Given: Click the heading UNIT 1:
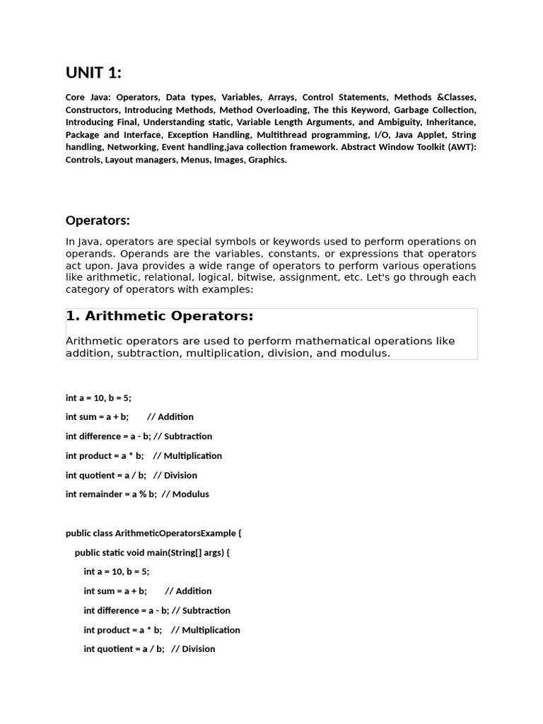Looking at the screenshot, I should coord(93,72).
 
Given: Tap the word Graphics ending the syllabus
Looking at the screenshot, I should coord(267,159).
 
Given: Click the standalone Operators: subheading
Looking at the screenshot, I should coord(98,221).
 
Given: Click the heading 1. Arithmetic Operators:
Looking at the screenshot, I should coord(159,316).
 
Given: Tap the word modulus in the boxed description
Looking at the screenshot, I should coord(365,353).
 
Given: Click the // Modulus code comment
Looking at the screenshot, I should coord(185,494).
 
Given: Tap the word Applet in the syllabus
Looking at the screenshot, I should coord(419,134).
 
